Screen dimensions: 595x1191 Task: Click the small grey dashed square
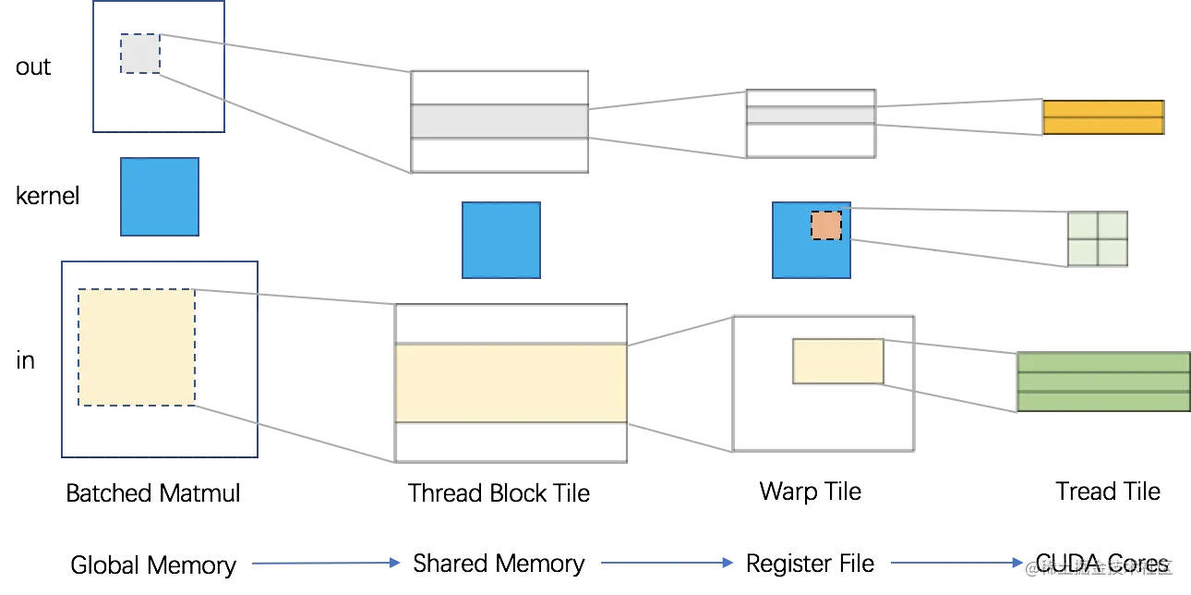(x=140, y=54)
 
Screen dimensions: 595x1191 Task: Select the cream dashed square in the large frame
(x=136, y=347)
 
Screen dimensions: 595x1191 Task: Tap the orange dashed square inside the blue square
(x=826, y=225)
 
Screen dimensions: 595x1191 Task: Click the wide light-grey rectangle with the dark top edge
(x=499, y=120)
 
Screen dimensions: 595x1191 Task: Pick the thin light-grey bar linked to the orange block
(x=811, y=115)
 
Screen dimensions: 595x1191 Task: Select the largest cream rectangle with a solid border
(x=511, y=382)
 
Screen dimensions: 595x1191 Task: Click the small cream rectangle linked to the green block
(x=838, y=361)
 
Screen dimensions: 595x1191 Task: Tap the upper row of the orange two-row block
(x=1103, y=109)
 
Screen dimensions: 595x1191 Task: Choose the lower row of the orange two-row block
(x=1103, y=127)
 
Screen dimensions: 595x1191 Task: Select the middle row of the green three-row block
(x=1102, y=382)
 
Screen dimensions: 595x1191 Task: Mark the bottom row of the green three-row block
(x=1102, y=400)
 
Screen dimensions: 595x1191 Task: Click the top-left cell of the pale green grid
(x=1083, y=225)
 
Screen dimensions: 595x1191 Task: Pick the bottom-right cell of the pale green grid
(x=1113, y=252)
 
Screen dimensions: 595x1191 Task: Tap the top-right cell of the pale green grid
(x=1113, y=225)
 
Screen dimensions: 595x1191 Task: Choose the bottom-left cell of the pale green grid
(x=1083, y=252)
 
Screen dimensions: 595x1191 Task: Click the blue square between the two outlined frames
(x=159, y=196)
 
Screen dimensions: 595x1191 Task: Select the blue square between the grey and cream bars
(x=501, y=240)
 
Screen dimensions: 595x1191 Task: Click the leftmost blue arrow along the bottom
(x=325, y=563)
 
